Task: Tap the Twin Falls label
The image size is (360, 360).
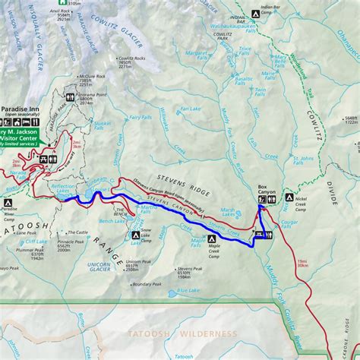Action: pyautogui.click(x=260, y=91)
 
